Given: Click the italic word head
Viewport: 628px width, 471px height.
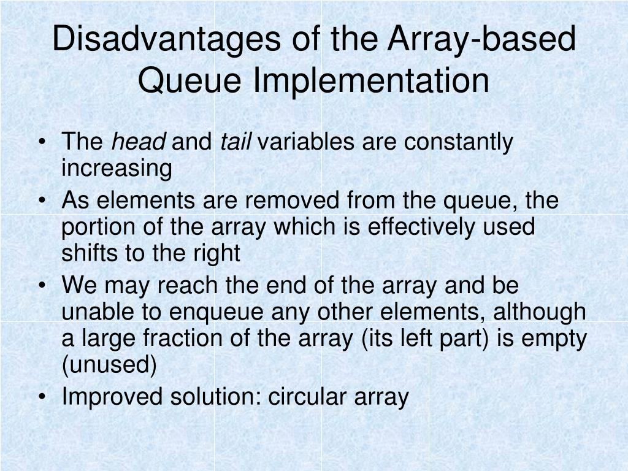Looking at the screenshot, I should (138, 142).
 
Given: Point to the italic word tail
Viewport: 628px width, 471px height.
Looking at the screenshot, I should (236, 142).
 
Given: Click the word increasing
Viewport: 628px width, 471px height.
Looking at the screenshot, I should (117, 168).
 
